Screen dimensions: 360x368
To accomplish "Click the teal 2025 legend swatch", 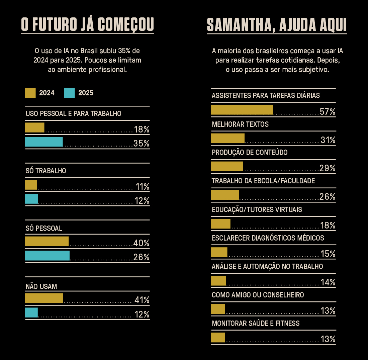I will [69, 93].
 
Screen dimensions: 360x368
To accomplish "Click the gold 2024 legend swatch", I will [30, 93].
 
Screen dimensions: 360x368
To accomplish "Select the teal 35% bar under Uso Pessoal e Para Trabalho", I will [44, 142].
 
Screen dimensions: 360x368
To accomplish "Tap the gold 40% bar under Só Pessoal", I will [47, 241].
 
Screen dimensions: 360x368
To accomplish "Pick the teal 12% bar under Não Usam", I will [31, 312].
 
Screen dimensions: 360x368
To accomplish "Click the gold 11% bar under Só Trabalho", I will [31, 185].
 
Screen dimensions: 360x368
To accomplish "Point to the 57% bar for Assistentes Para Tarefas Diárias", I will [242, 110].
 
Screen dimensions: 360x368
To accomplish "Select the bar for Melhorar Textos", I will [227, 138].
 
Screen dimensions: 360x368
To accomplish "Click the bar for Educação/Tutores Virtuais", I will [220, 223].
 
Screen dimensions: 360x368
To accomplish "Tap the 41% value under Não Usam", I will [142, 300].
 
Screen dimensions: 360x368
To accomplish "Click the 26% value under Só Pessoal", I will [141, 257].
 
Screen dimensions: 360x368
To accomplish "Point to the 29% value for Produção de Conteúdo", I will [327, 168].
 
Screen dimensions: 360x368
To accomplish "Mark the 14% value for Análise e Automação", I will [328, 282].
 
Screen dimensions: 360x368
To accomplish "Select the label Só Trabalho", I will [46, 171].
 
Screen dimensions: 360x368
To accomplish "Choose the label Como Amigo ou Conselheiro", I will [258, 295].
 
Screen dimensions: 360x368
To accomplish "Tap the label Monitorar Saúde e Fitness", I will [256, 324].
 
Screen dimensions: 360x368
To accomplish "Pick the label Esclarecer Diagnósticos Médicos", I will [268, 238].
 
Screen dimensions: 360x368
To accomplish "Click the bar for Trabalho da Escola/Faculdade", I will [225, 195].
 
